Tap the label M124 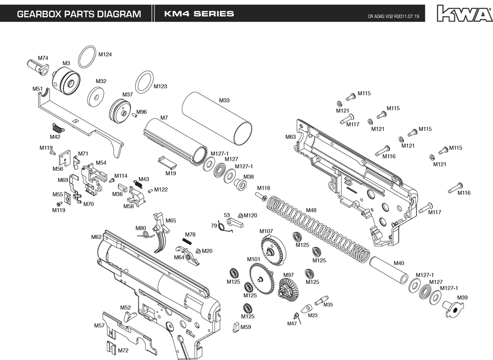[105, 54]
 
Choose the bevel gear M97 [288, 290]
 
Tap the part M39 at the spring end [452, 308]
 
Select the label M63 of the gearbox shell [290, 137]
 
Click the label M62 [97, 237]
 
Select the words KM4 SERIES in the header [199, 14]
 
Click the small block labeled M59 [236, 326]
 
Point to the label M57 [99, 325]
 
